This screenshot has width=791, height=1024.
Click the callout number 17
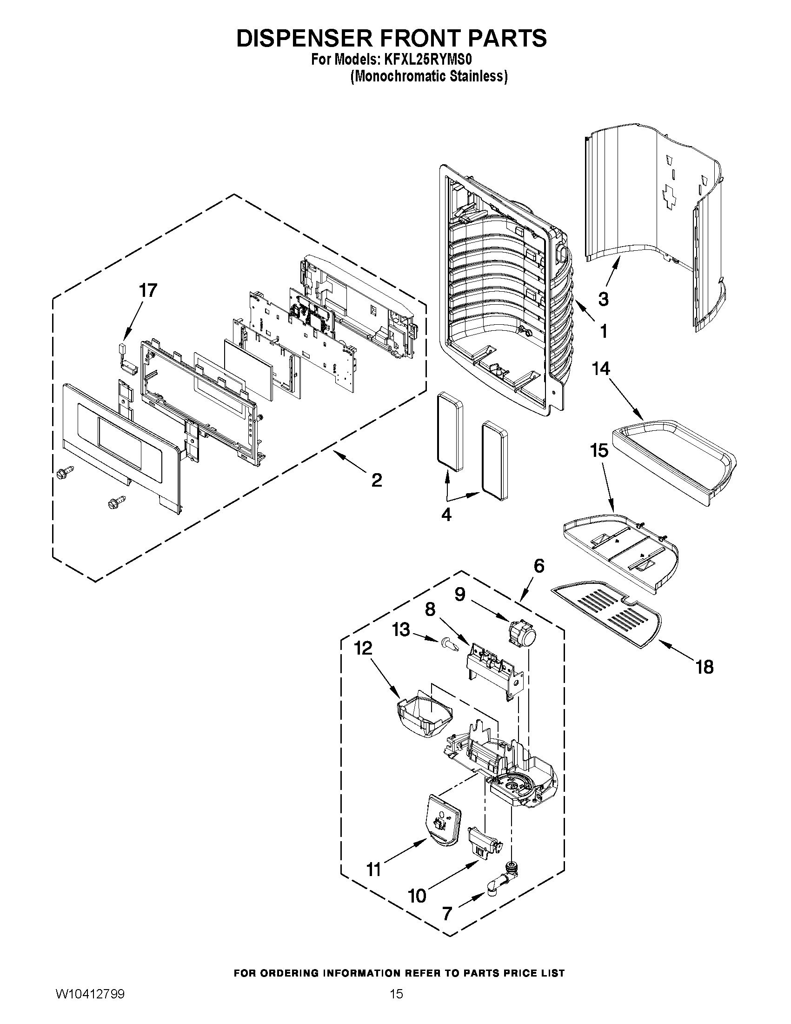point(147,291)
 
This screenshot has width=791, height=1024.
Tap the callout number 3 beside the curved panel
point(604,299)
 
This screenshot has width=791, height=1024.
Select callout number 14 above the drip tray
point(601,368)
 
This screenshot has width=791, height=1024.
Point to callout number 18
point(705,666)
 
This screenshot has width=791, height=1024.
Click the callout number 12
point(363,648)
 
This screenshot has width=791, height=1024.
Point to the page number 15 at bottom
point(396,1007)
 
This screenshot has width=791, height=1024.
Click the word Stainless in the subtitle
point(478,76)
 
